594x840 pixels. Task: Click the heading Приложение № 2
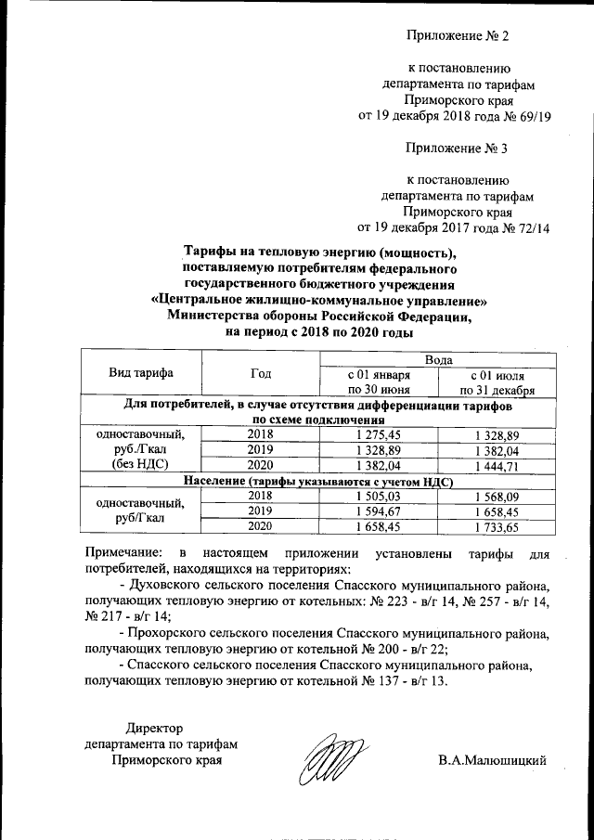click(458, 36)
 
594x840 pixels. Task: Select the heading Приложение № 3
click(458, 148)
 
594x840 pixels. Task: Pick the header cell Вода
click(438, 358)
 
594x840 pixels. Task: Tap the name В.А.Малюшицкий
click(493, 761)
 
